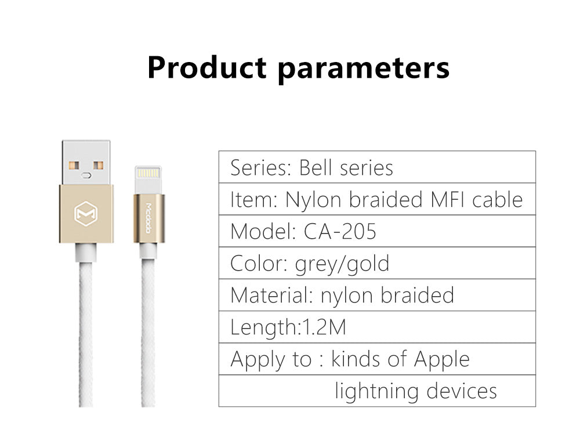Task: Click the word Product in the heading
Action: coord(207,67)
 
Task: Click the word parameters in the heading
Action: coord(364,70)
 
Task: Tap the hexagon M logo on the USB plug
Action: coord(86,213)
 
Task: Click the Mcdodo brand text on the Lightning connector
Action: coord(148,218)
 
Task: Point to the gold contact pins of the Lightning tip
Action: coord(148,173)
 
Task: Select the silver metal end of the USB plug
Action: coord(86,162)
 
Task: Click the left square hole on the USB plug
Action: coord(74,165)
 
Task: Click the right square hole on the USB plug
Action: coord(98,165)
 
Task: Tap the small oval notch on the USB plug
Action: coord(86,175)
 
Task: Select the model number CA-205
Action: coord(340,231)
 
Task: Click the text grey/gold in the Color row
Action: coord(342,264)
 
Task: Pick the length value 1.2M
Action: coord(324,327)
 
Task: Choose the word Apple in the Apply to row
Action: coord(442,360)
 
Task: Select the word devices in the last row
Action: coord(462,391)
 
